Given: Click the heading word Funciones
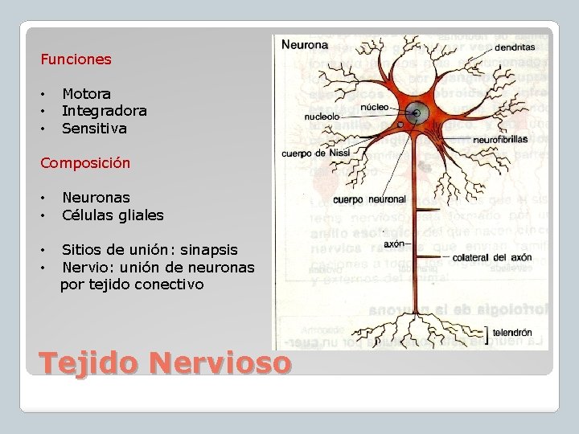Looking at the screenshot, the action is coord(76,59).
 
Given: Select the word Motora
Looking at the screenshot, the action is coord(86,94).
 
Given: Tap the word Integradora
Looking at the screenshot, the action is coord(104,111).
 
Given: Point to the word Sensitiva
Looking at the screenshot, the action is coord(94,128).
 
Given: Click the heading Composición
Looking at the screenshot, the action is coord(85,162).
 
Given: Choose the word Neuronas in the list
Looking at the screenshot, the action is coord(96,197).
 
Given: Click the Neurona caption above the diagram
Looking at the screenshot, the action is coord(305,45).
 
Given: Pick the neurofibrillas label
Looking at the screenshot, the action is coord(500,139).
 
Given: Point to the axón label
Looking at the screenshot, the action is coord(394,243).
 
